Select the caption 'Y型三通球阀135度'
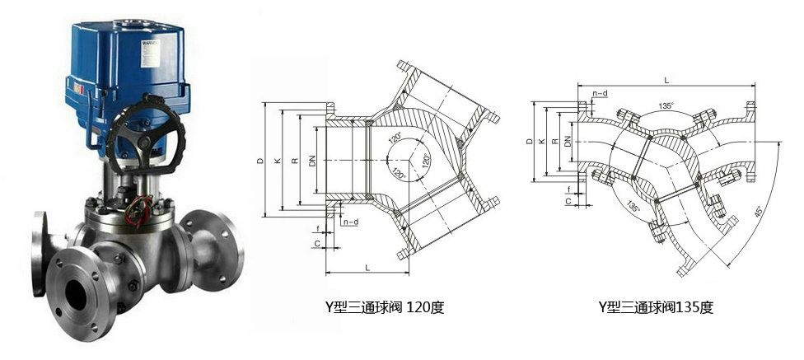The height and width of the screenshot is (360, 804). pos(655,308)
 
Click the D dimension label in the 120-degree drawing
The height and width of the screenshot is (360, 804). pos(260,161)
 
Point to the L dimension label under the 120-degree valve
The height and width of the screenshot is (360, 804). pos(365,269)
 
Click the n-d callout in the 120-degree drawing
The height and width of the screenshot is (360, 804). pos(350,222)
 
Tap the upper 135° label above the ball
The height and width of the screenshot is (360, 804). pos(666,106)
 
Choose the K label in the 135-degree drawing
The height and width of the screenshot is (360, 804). pos(540,142)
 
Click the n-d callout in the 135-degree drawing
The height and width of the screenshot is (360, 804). pos(600,93)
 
